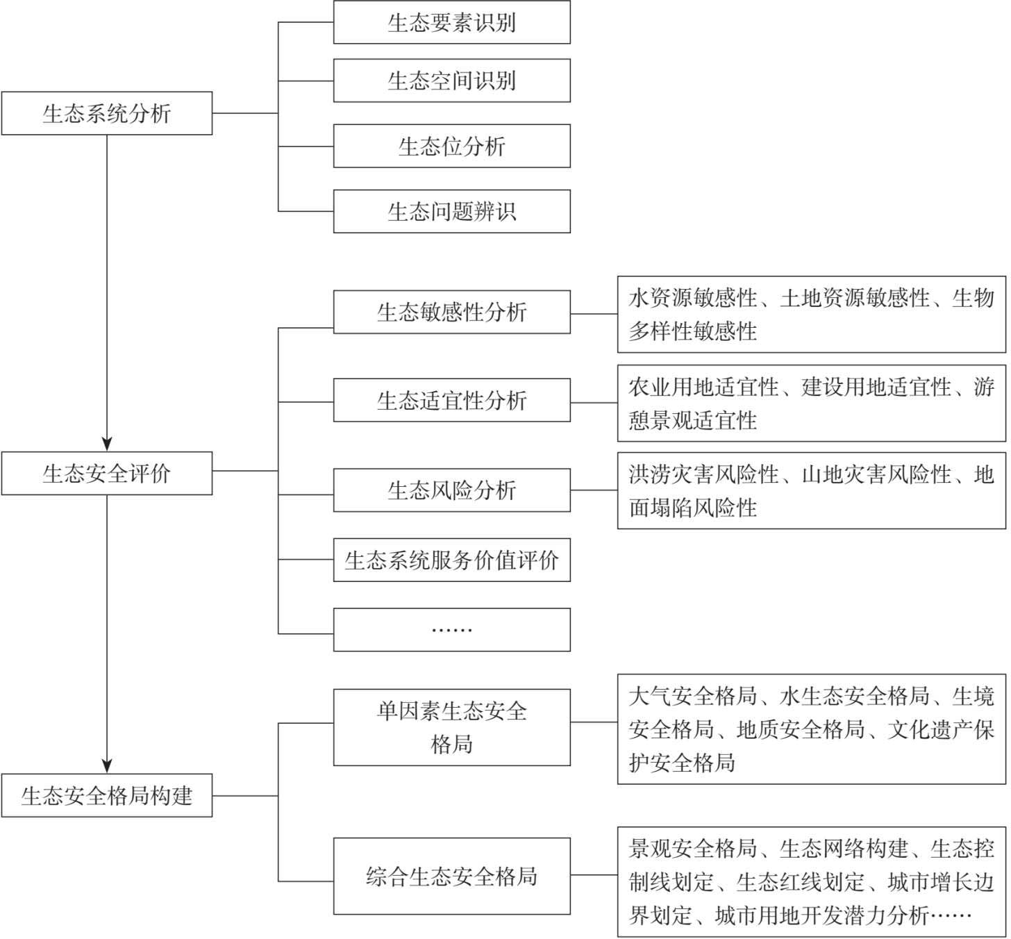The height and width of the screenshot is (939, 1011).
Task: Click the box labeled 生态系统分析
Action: point(107,113)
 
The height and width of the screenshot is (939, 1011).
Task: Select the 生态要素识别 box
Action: point(452,22)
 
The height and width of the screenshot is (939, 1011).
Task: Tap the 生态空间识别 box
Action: point(452,81)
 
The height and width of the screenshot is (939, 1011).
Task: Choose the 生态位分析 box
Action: point(452,146)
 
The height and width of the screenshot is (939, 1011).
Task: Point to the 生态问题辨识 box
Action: point(452,211)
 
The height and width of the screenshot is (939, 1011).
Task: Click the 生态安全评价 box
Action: point(107,473)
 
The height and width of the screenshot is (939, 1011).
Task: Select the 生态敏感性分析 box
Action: point(452,312)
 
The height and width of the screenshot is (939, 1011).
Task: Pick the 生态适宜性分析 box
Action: point(452,400)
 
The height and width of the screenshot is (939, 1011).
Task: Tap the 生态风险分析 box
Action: point(452,490)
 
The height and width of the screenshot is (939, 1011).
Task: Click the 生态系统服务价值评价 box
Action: point(452,560)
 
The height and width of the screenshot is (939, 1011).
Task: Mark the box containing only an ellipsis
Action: point(452,630)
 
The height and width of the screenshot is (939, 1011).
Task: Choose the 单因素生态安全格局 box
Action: point(452,728)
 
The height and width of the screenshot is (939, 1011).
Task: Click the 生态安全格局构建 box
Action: point(107,796)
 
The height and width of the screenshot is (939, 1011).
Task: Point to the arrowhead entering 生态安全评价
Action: point(107,444)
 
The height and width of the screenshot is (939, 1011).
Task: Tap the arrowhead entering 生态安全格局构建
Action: point(107,766)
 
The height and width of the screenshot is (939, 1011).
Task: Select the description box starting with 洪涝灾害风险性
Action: point(812,490)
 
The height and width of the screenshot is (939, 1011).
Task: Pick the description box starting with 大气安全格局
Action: point(812,729)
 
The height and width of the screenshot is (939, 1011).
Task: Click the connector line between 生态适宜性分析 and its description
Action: point(594,403)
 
